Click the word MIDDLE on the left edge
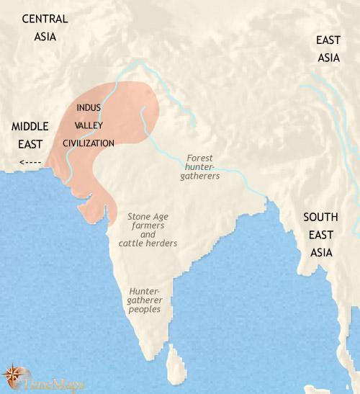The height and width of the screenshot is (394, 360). pos(30,127)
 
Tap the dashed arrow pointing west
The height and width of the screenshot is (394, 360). pos(30,161)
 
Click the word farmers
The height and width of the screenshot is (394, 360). pos(148,225)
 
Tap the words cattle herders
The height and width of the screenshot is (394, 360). pos(148,243)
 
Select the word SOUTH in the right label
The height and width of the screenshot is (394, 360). pos(321,217)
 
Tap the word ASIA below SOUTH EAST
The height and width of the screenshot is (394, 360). pos(321,253)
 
